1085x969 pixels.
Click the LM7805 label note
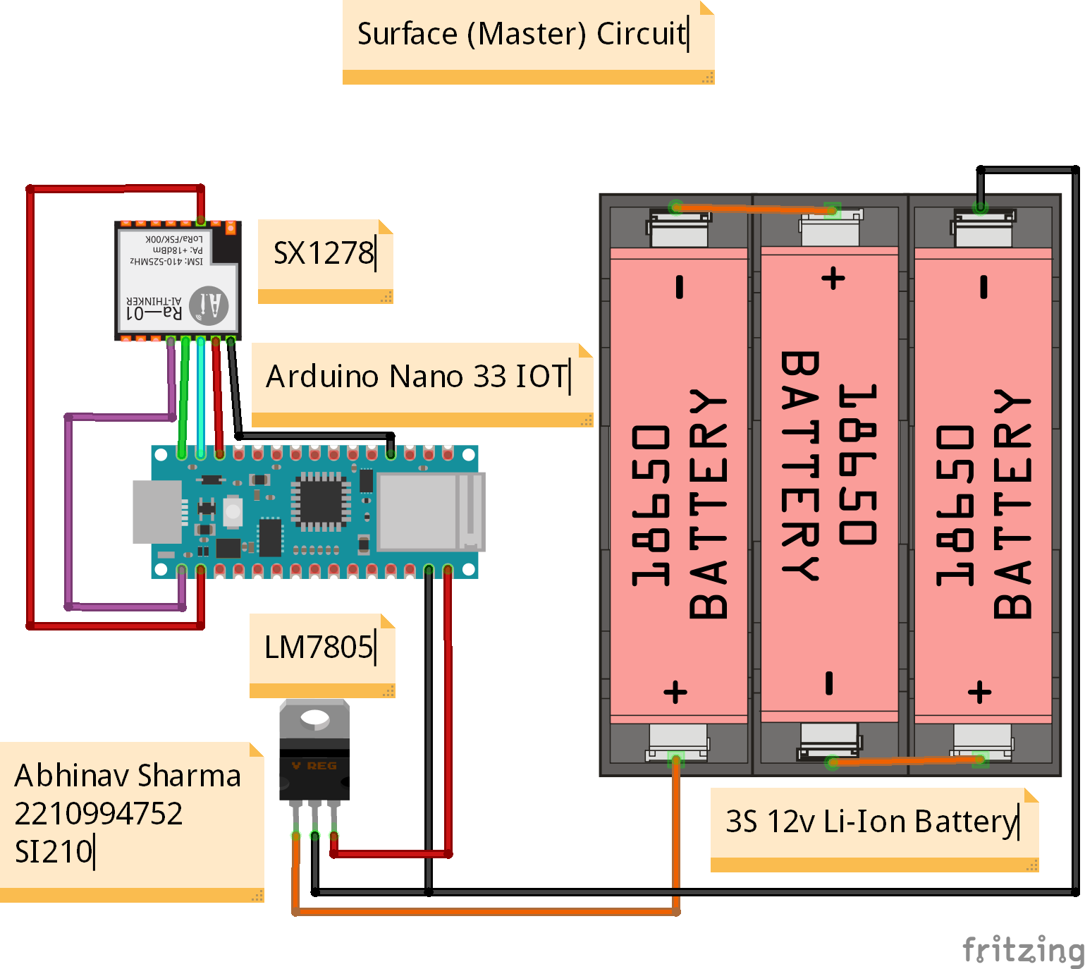pyautogui.click(x=319, y=647)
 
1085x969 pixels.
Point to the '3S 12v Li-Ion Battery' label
pyautogui.click(x=871, y=822)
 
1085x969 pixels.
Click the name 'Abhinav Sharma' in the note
pyautogui.click(x=128, y=776)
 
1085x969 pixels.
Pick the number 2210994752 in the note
pyautogui.click(x=99, y=814)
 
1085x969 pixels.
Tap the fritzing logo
pyautogui.click(x=1022, y=949)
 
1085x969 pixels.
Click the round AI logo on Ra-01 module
pyautogui.click(x=209, y=305)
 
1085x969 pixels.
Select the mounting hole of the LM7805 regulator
pyautogui.click(x=314, y=719)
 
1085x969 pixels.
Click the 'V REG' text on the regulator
pyautogui.click(x=314, y=766)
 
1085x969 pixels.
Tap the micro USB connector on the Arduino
pyautogui.click(x=157, y=512)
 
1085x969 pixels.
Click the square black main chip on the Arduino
pyautogui.click(x=321, y=500)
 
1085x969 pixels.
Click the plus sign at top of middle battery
pyautogui.click(x=833, y=278)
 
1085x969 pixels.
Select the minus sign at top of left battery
pyautogui.click(x=680, y=287)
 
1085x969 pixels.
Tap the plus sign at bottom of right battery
pyautogui.click(x=979, y=692)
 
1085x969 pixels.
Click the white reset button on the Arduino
pyautogui.click(x=233, y=511)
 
